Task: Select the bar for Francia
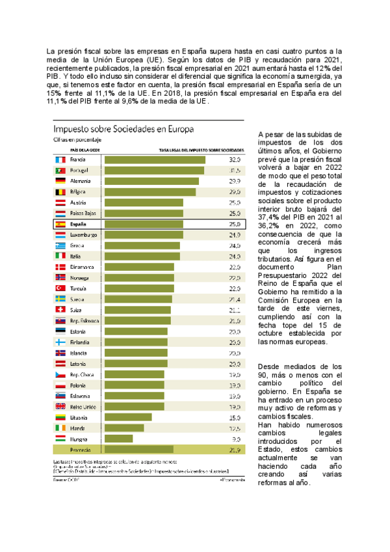155,159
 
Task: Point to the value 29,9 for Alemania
235,181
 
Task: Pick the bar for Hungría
122,439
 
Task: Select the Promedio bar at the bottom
139,450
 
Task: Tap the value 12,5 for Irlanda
235,428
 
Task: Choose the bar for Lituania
128,417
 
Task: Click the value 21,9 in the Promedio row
235,450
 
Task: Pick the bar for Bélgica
149,192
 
